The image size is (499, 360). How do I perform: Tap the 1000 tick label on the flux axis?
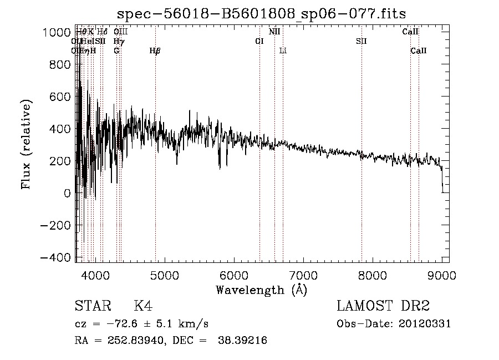(x=57, y=32)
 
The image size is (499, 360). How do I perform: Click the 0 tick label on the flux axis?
(x=67, y=194)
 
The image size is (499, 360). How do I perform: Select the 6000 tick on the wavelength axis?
(x=233, y=275)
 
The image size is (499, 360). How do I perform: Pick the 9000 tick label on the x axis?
(x=441, y=275)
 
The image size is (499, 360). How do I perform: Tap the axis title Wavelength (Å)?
(x=261, y=290)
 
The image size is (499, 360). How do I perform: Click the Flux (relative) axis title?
(x=26, y=144)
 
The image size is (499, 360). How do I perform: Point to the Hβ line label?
(x=155, y=51)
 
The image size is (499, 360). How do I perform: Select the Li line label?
(x=283, y=51)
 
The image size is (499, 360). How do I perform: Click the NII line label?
(x=274, y=32)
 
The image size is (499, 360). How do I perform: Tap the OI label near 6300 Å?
(x=259, y=42)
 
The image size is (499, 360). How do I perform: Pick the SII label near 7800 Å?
(x=361, y=42)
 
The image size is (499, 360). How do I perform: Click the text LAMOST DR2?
(x=383, y=306)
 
